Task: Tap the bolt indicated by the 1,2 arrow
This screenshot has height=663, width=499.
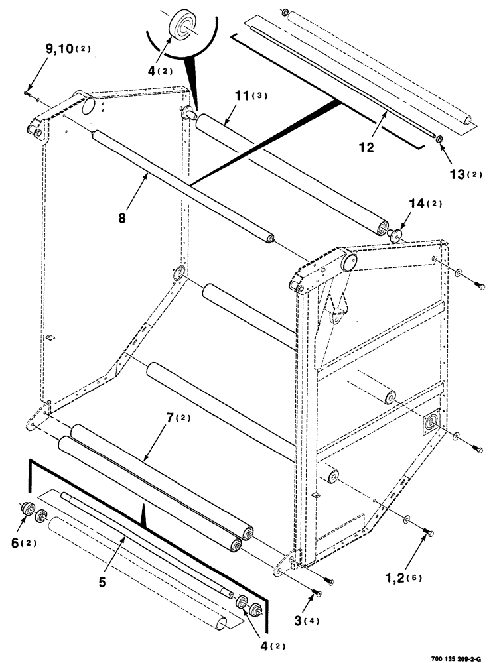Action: pyautogui.click(x=429, y=532)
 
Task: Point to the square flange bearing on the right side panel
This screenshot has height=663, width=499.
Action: pyautogui.click(x=431, y=422)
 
